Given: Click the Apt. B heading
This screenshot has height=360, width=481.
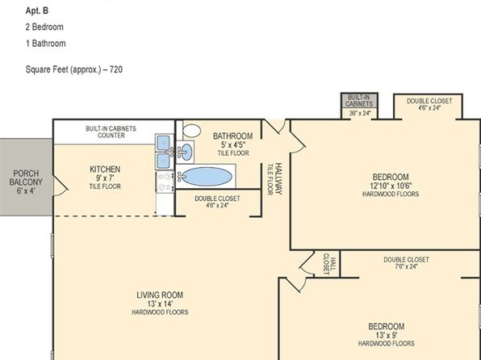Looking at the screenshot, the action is (37, 10).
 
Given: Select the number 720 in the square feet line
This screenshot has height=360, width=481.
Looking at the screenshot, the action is (116, 69).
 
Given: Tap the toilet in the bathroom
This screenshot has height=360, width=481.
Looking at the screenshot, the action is (191, 130).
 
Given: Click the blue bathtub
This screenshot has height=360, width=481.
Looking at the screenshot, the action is (205, 177).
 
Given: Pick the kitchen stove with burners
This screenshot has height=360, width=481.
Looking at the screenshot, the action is (165, 182).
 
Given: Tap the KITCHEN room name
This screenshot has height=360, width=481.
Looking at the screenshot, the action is (105, 170).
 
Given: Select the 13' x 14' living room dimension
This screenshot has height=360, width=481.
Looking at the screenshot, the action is (160, 303).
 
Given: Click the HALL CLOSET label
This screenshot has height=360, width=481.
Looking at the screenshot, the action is (330, 264).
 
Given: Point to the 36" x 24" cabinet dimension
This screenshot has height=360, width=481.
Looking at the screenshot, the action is (359, 113).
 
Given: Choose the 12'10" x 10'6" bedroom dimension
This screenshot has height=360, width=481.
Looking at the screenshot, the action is (391, 186).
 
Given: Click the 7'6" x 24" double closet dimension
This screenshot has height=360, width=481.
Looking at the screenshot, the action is (406, 266).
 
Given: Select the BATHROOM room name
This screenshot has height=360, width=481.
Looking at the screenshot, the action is (232, 136).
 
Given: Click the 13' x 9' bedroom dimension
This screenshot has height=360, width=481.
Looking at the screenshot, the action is (387, 335).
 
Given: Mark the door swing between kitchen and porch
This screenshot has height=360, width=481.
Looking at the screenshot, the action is (61, 186).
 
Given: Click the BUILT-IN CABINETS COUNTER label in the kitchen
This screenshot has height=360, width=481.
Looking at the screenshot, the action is (111, 132).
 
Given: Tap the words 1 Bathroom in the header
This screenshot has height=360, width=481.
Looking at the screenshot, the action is (45, 44).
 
